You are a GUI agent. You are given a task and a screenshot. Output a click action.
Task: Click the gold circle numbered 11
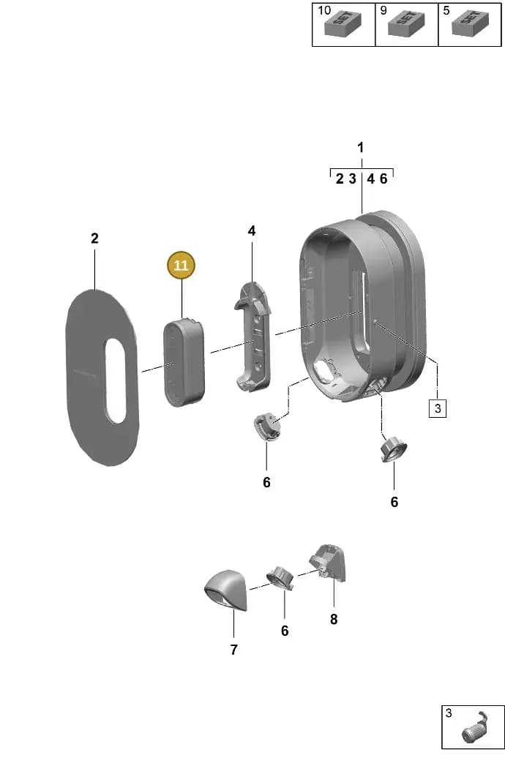181,266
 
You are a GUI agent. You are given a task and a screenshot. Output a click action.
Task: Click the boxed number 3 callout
438,408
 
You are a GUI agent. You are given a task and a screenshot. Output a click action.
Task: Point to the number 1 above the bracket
360,147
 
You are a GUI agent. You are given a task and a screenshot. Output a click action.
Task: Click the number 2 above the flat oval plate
94,238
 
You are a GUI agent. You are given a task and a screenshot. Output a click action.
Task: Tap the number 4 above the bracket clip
251,230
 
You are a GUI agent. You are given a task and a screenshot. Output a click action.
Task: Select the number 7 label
233,650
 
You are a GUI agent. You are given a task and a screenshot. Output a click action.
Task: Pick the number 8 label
334,619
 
